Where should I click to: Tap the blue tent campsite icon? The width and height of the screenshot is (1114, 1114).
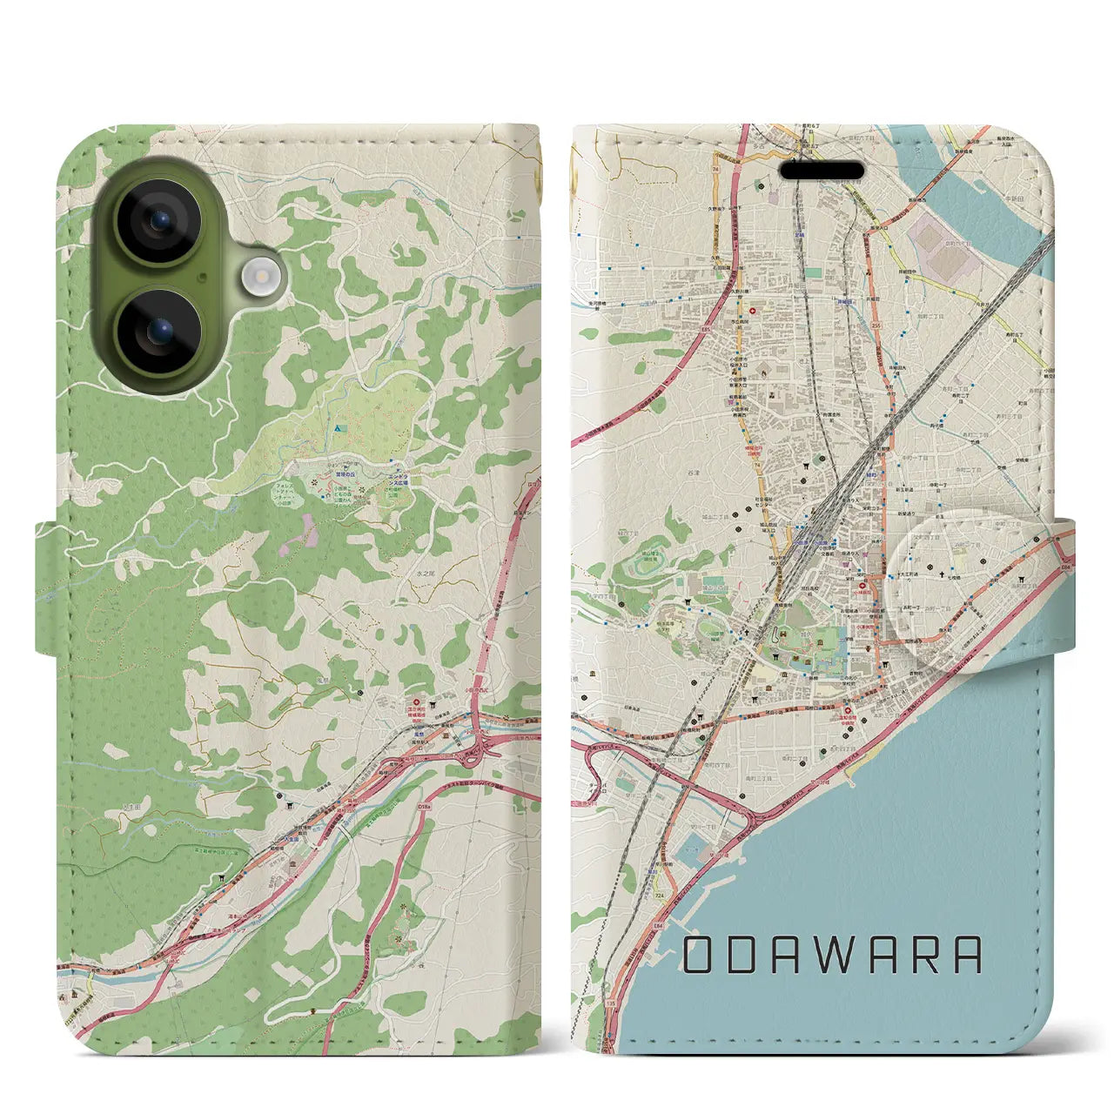338,429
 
